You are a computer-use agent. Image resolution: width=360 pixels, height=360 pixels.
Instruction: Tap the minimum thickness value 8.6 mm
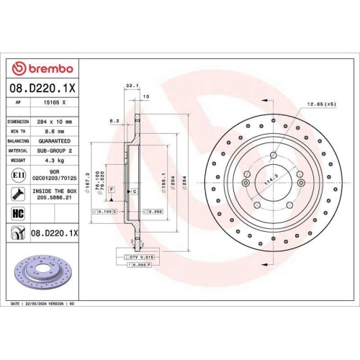click(50, 132)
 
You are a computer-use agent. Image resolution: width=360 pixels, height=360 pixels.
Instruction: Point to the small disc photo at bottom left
click(40, 274)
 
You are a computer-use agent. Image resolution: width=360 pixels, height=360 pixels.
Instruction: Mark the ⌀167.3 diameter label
click(88, 181)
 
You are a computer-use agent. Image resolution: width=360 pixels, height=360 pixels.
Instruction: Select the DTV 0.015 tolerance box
click(138, 256)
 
